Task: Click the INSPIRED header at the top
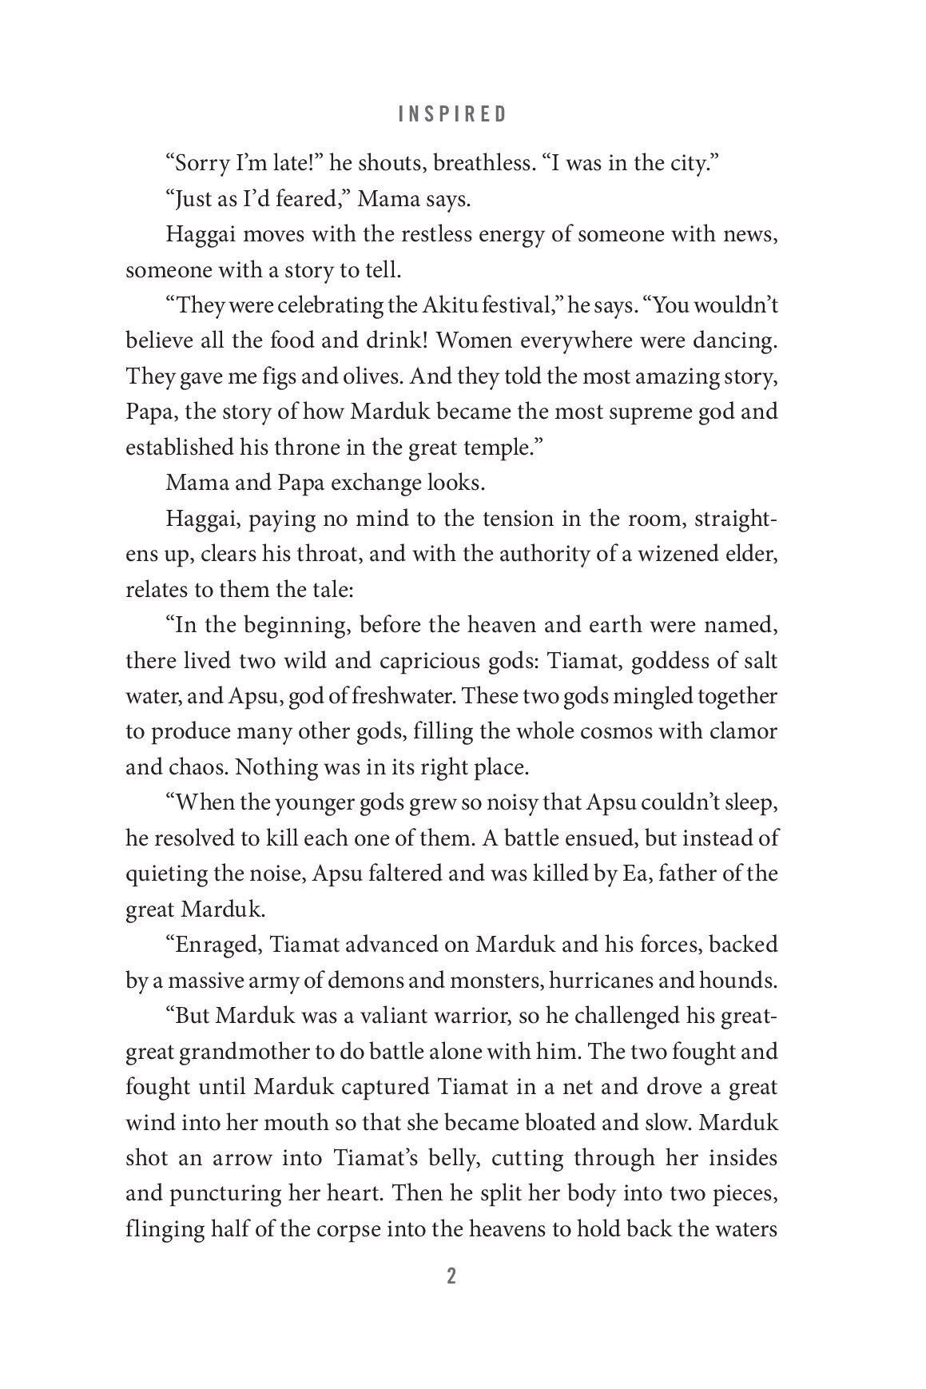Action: (x=452, y=114)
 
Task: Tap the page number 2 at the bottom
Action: (x=451, y=1276)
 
